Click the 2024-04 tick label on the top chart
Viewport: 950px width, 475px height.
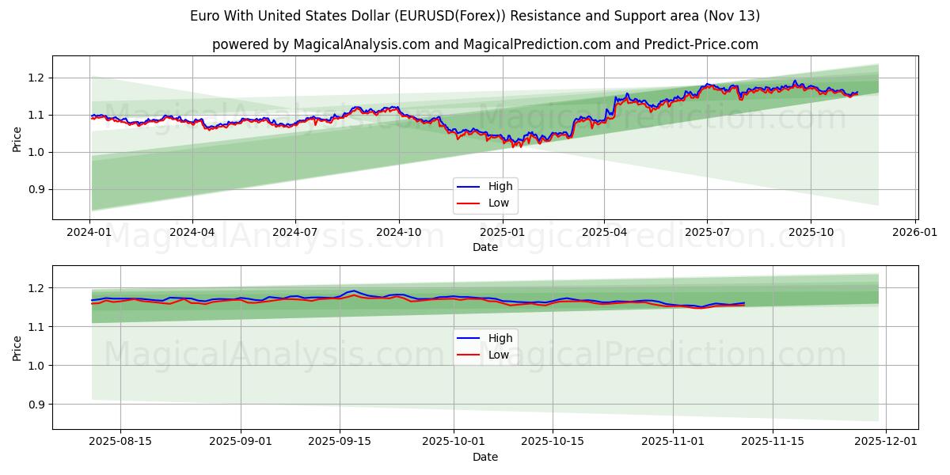click(x=192, y=232)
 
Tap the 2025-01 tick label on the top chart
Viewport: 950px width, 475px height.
click(x=501, y=232)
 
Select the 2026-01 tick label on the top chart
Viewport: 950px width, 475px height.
click(x=914, y=232)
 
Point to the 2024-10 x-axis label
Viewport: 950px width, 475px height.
click(x=398, y=232)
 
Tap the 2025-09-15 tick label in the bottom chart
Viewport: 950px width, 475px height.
click(x=340, y=442)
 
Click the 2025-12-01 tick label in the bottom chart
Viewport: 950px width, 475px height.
click(x=886, y=442)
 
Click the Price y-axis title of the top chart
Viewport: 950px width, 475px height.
click(x=17, y=139)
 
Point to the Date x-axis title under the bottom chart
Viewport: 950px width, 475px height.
click(x=484, y=457)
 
